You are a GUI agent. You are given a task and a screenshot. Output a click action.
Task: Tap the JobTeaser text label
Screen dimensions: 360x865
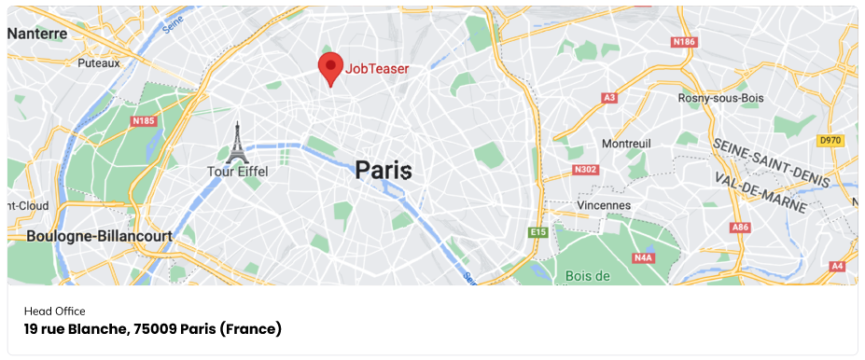377,68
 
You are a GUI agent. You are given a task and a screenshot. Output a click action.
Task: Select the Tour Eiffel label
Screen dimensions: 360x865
237,172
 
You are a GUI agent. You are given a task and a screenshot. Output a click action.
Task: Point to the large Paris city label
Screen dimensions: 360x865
383,171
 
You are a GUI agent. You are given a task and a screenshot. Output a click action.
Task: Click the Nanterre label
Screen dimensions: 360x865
37,34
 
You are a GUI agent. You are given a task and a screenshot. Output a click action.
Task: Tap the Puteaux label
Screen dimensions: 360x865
99,63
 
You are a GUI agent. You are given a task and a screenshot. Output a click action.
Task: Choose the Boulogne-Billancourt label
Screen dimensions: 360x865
99,237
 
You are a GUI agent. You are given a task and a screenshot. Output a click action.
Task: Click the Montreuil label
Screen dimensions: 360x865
627,144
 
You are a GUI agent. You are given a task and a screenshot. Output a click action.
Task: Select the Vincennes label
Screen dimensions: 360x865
603,204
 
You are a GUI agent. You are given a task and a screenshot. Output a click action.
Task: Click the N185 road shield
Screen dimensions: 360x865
144,120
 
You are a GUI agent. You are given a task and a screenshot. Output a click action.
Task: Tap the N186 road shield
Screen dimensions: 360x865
684,42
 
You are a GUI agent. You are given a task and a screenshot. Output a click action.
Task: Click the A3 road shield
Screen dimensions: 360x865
610,97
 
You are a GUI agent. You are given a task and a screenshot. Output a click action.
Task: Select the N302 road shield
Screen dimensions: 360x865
584,170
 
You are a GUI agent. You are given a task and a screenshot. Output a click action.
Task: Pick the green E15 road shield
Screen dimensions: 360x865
537,231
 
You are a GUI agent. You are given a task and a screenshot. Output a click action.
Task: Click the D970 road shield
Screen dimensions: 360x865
830,140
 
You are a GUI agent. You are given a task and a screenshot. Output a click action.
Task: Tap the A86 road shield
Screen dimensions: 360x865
741,227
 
